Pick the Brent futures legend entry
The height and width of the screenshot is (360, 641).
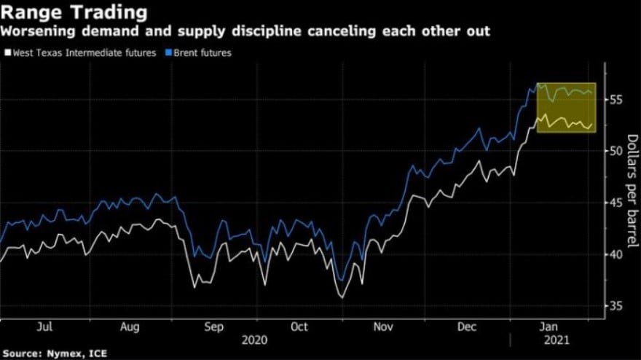pos(203,52)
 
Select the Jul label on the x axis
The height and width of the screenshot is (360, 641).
pos(44,327)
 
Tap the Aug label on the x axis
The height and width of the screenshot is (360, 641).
pos(130,327)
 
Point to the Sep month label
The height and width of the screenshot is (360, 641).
pos(214,327)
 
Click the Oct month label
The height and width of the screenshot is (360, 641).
pos(299,327)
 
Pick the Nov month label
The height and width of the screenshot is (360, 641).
pos(384,327)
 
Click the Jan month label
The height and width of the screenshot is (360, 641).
pos(552,327)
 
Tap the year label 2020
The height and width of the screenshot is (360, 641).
pos(255,340)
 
